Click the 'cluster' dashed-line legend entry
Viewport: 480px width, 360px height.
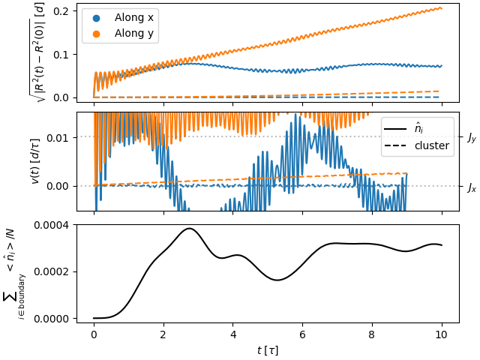point(431,145)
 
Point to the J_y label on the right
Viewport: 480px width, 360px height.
point(471,137)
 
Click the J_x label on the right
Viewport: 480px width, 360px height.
point(471,186)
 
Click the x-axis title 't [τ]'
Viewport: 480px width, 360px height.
point(267,349)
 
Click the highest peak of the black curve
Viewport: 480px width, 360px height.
point(190,228)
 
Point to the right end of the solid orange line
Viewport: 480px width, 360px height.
point(441,7)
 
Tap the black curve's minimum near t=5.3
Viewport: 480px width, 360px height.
point(277,280)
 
